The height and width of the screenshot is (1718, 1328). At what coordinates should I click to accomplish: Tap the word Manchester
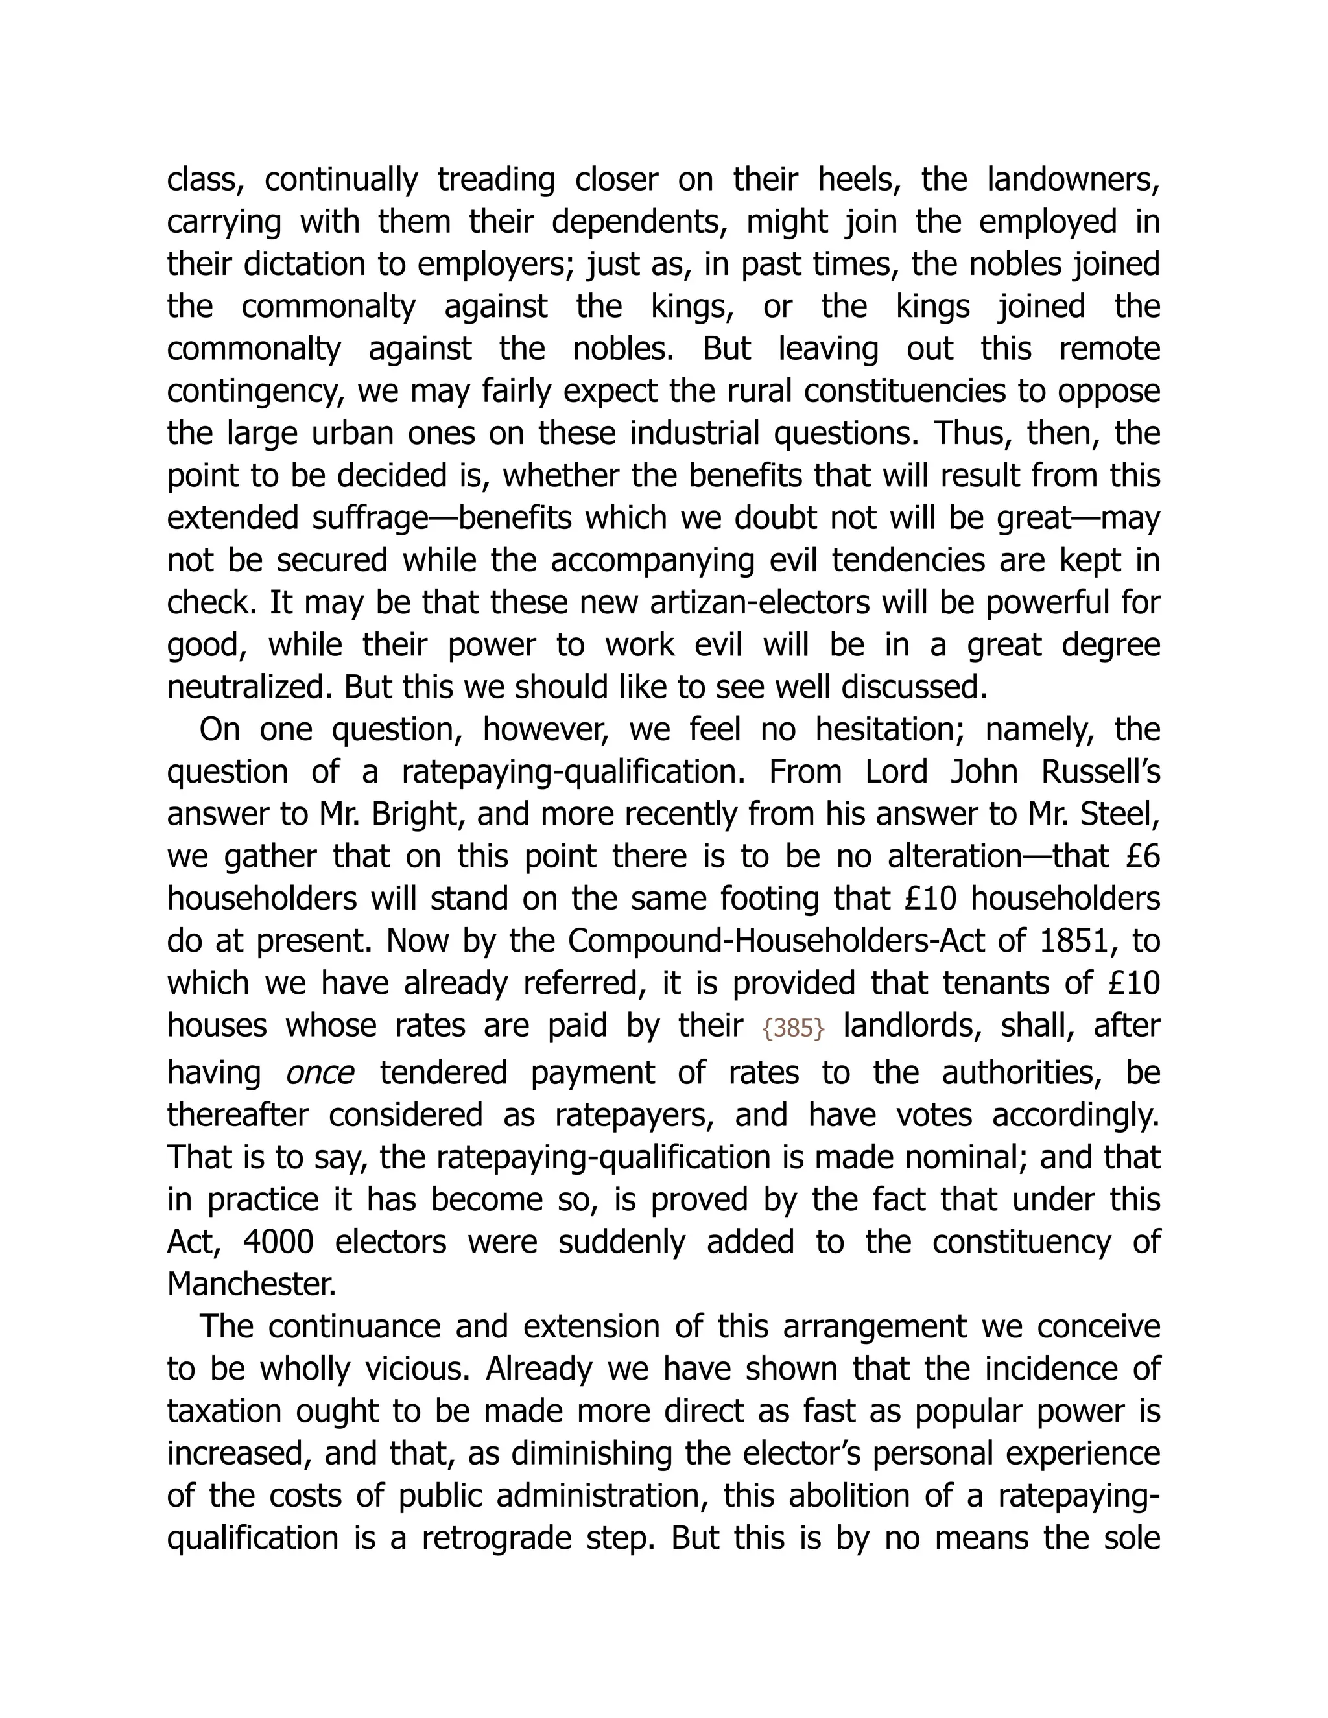(252, 1284)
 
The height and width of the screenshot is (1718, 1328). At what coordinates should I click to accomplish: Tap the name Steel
(1117, 814)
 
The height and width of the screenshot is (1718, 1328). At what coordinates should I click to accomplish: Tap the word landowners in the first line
(1073, 180)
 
